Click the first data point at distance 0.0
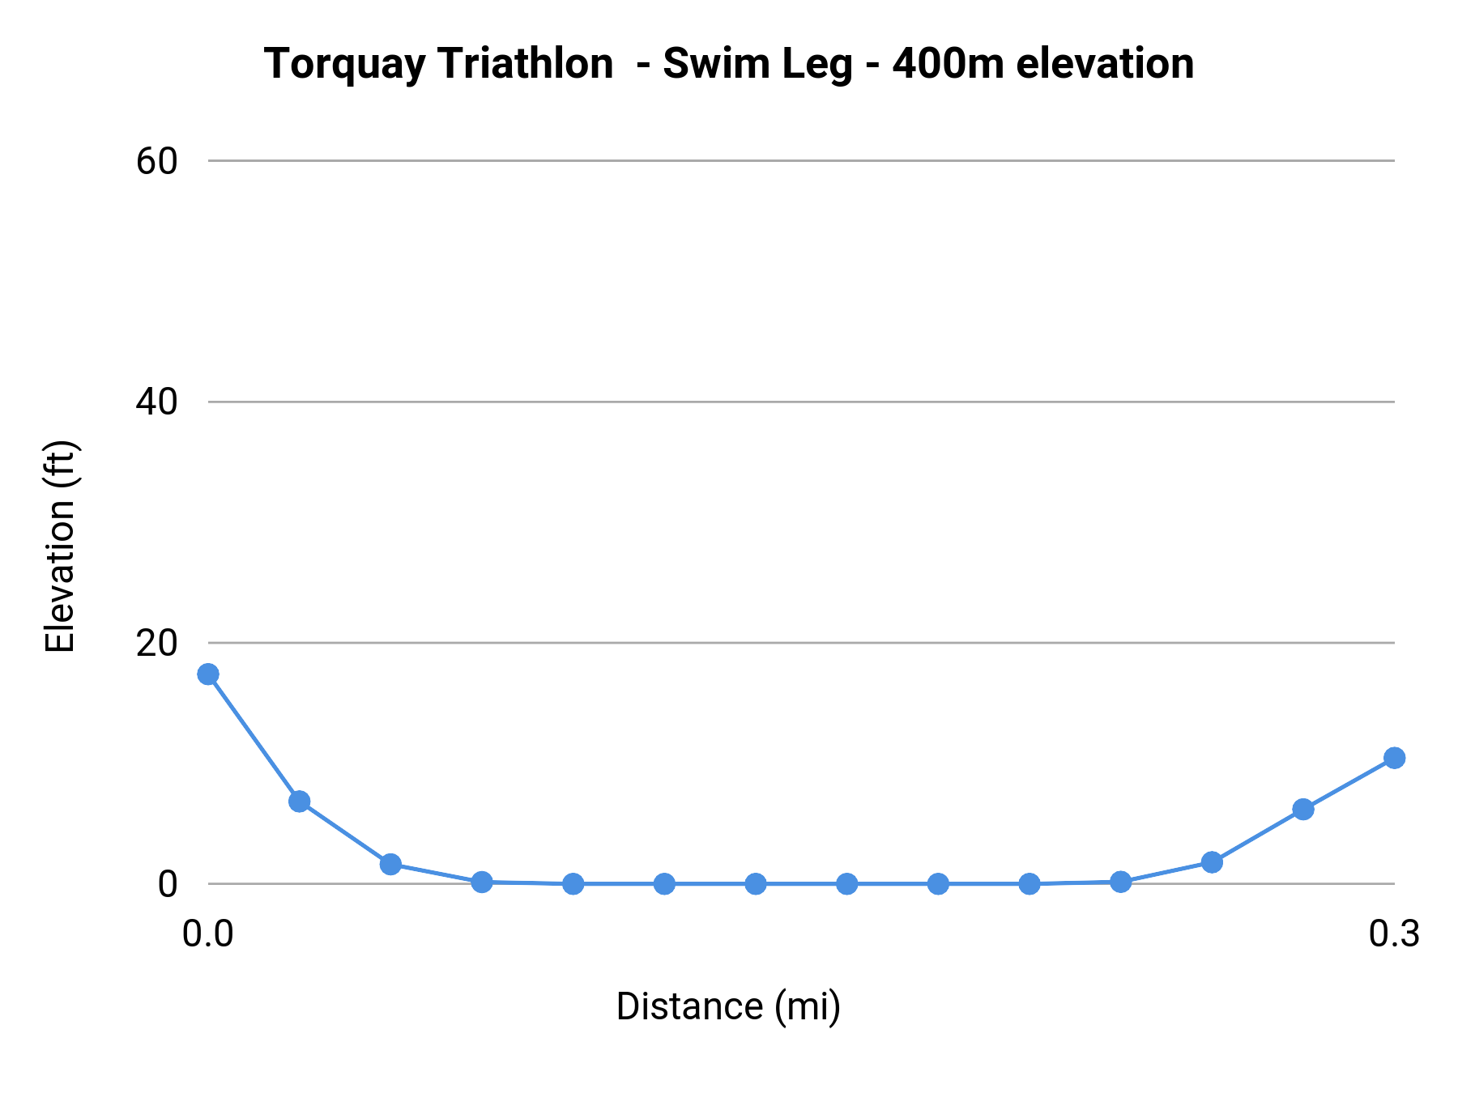[208, 674]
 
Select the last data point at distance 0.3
[1394, 758]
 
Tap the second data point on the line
[300, 802]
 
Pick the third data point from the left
[390, 864]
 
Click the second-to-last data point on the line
[1302, 809]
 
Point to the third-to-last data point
[1212, 862]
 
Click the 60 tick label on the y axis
[156, 161]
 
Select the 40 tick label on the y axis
[156, 402]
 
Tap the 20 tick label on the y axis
[156, 643]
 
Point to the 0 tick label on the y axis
[167, 884]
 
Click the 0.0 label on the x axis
[207, 934]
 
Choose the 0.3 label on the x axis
[1394, 934]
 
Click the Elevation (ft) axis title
[60, 546]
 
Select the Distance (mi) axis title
[728, 1007]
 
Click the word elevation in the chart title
[1105, 63]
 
